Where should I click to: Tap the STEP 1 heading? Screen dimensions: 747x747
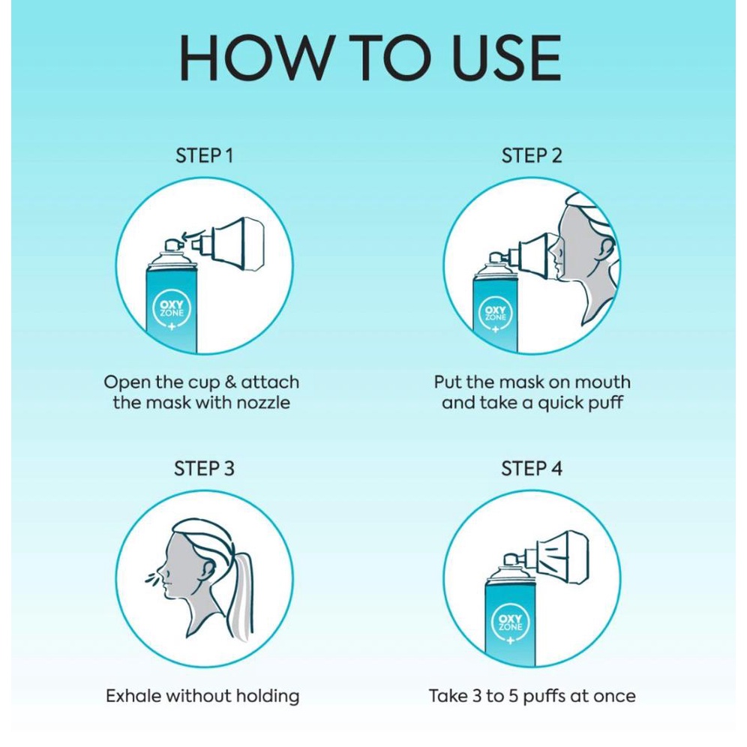(x=205, y=156)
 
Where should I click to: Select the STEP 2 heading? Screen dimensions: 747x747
(x=532, y=156)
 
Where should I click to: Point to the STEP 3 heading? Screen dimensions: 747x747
(x=205, y=468)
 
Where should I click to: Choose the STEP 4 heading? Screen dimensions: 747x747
(x=532, y=468)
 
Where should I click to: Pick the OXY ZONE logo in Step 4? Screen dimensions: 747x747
(x=510, y=623)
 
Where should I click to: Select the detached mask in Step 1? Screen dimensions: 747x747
(x=229, y=244)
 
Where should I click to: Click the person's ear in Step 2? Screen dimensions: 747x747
(x=607, y=250)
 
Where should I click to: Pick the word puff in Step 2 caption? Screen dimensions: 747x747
(x=605, y=403)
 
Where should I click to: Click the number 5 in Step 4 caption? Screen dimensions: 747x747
(x=513, y=696)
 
